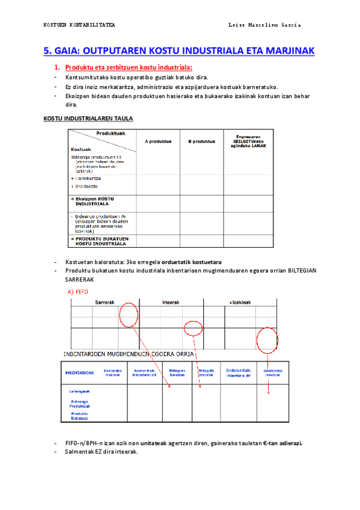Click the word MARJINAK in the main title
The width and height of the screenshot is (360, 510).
pos(285,51)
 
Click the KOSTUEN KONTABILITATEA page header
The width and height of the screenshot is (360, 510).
pos(79,25)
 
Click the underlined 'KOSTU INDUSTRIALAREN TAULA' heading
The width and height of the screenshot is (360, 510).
pos(88,118)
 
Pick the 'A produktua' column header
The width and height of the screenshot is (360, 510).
pos(159,141)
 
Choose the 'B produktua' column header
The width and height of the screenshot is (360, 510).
pos(201,141)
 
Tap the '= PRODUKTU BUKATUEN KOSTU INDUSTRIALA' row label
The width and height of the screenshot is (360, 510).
pos(100,241)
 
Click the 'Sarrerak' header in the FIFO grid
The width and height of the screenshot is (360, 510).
pos(105,303)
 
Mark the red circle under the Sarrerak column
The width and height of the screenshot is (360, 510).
pos(129,315)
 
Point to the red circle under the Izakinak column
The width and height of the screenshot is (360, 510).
pos(267,340)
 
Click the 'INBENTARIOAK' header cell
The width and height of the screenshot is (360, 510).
pos(79,372)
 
